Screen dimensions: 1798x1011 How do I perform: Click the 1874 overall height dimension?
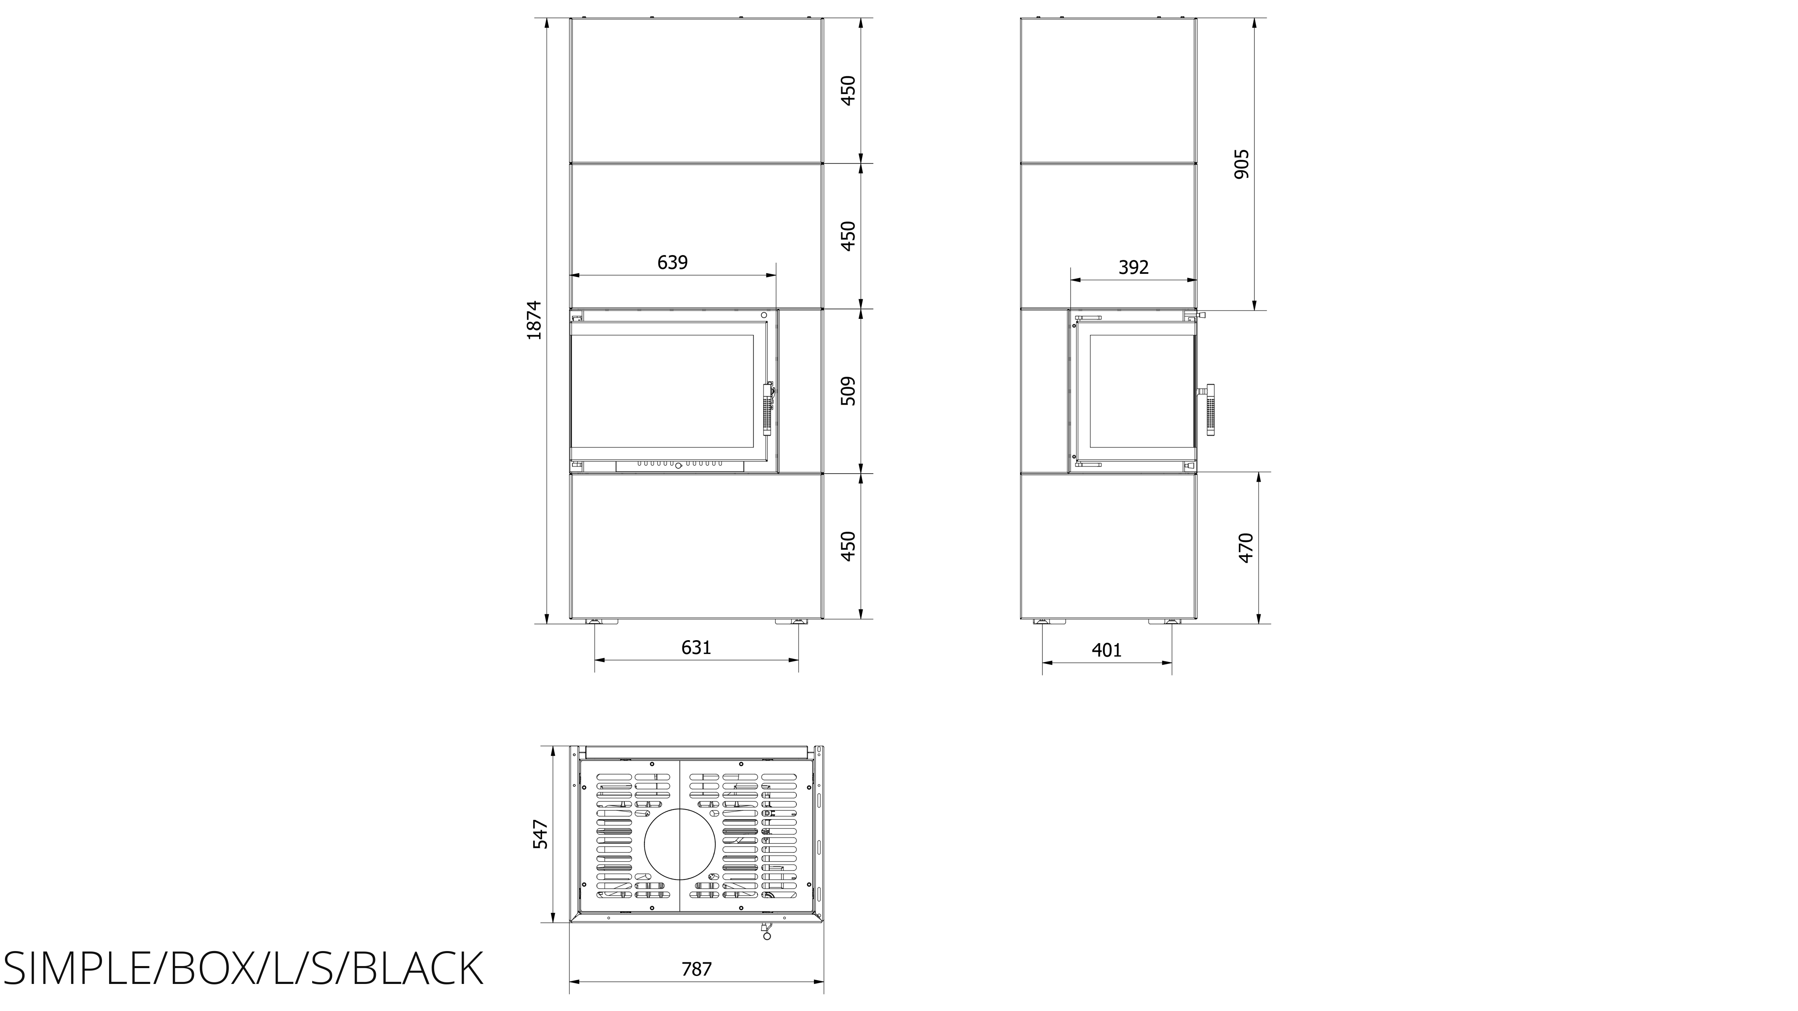tap(534, 320)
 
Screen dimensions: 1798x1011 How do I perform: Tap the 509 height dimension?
tap(847, 391)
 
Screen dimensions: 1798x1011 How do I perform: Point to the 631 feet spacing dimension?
tap(696, 648)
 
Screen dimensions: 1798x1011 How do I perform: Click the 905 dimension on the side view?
tap(1242, 164)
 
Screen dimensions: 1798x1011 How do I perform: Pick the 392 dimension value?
tap(1134, 267)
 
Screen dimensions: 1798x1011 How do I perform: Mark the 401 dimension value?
tap(1106, 650)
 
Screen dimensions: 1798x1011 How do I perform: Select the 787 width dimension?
tap(696, 969)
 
